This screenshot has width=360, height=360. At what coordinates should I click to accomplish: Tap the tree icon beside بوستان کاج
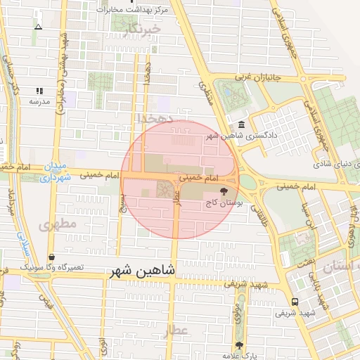click(x=224, y=191)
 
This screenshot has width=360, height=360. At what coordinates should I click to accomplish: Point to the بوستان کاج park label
click(x=224, y=202)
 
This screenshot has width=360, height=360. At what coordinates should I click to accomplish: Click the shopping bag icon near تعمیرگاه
click(x=51, y=257)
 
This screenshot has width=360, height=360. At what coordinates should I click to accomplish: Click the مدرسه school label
click(x=39, y=101)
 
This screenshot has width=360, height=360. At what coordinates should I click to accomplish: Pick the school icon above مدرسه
click(x=39, y=91)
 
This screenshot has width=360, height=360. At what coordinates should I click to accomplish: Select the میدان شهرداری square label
click(x=54, y=172)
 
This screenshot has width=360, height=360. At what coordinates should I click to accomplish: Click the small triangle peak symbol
click(x=38, y=27)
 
